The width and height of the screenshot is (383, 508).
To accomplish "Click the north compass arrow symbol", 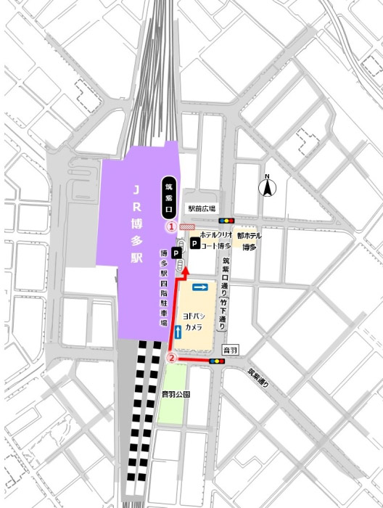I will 267,187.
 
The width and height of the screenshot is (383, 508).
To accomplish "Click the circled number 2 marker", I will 173,357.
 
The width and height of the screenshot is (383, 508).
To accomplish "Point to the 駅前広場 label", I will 202,208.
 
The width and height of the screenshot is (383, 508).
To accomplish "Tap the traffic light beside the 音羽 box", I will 216,360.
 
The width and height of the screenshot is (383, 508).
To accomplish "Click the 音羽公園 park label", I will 176,395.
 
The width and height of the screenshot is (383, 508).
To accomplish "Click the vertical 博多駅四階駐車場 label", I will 163,287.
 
